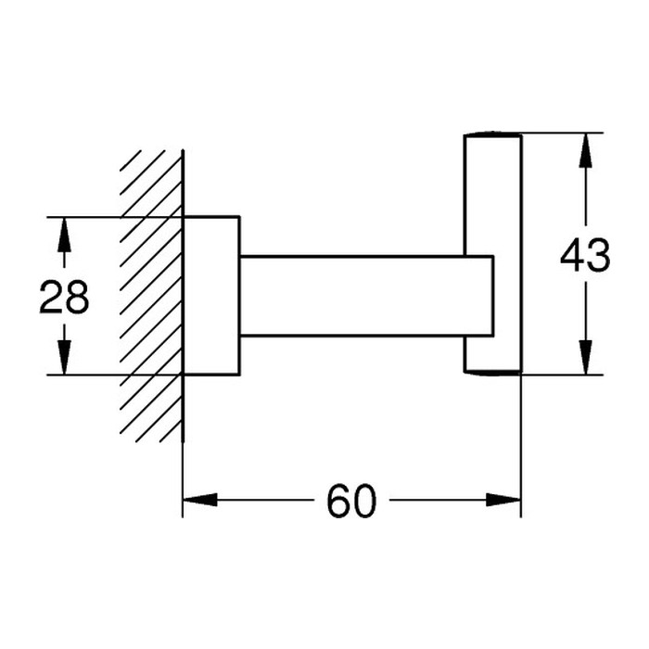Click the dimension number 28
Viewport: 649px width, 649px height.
pyautogui.click(x=64, y=297)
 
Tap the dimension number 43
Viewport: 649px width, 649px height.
pyautogui.click(x=585, y=256)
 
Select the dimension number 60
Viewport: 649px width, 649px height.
pyautogui.click(x=351, y=502)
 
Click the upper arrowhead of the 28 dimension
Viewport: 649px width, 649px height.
pyautogui.click(x=64, y=235)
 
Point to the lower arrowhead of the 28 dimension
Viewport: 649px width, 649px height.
pyautogui.click(x=64, y=357)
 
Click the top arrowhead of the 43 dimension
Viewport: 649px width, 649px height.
pyautogui.click(x=585, y=150)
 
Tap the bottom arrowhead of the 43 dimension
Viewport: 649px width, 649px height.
pyautogui.click(x=585, y=357)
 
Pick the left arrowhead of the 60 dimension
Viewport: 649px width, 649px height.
pyautogui.click(x=200, y=500)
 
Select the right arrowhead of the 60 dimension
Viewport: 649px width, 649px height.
pyautogui.click(x=503, y=500)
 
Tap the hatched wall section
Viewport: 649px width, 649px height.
pyautogui.click(x=151, y=296)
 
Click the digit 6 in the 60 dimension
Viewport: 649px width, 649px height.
pyautogui.click(x=338, y=502)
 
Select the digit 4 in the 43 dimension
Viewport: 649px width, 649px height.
pyautogui.click(x=572, y=256)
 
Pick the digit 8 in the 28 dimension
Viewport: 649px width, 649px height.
pyautogui.click(x=77, y=297)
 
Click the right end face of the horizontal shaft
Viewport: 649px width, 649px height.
pyautogui.click(x=493, y=296)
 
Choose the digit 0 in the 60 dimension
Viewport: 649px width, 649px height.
pyautogui.click(x=365, y=502)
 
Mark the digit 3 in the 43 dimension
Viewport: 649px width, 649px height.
pyautogui.click(x=599, y=256)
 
